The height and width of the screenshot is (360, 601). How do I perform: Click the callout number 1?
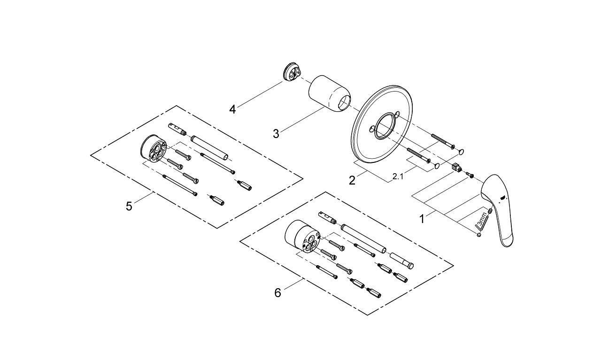pos(422,219)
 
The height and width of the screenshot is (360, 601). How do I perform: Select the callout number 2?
pos(352,180)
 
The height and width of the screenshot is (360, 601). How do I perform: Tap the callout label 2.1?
pos(398,176)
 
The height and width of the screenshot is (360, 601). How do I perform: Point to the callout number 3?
pos(276,133)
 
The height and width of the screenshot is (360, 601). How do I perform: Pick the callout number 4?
pos(232,109)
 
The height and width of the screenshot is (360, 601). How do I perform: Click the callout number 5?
pos(129,206)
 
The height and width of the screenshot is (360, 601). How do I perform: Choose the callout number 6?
pos(278,292)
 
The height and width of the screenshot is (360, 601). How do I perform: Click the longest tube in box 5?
pos(209,147)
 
